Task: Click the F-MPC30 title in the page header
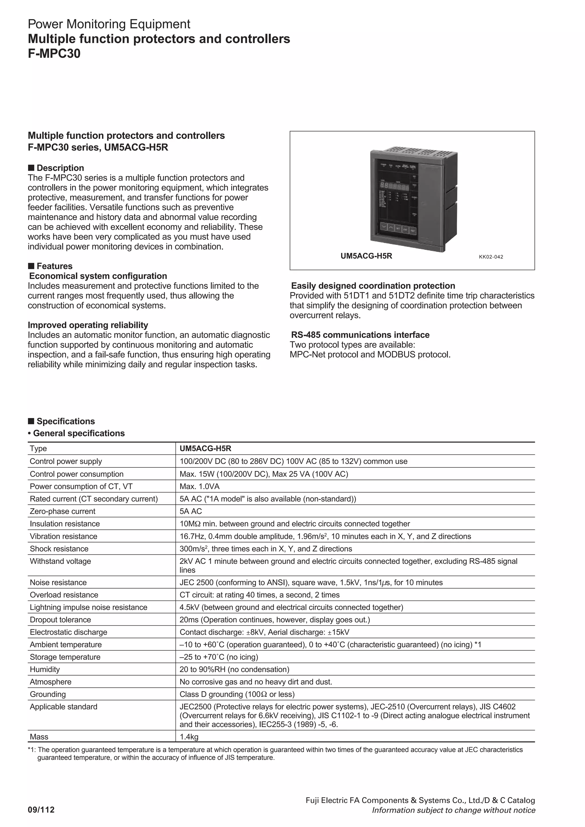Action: [54, 54]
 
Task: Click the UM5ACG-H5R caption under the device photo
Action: [366, 256]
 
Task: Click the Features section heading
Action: [54, 266]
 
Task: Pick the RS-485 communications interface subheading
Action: [360, 335]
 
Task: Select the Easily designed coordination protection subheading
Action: [373, 286]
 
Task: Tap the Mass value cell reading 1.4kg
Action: [189, 737]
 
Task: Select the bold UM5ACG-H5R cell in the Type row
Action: [205, 448]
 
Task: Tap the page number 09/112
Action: [41, 810]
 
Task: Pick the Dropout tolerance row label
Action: [60, 620]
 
